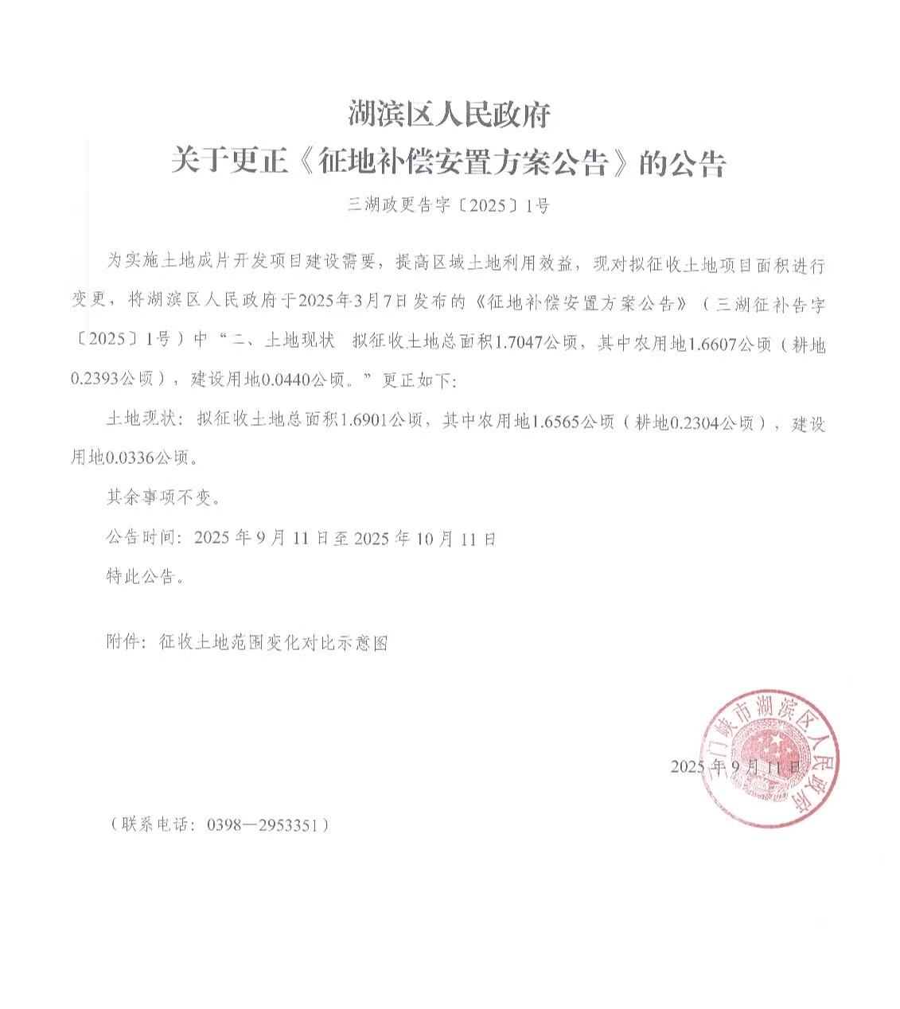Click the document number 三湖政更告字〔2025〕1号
449,206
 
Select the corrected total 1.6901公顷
380,422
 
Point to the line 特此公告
146,576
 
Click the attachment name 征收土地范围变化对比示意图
273,642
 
